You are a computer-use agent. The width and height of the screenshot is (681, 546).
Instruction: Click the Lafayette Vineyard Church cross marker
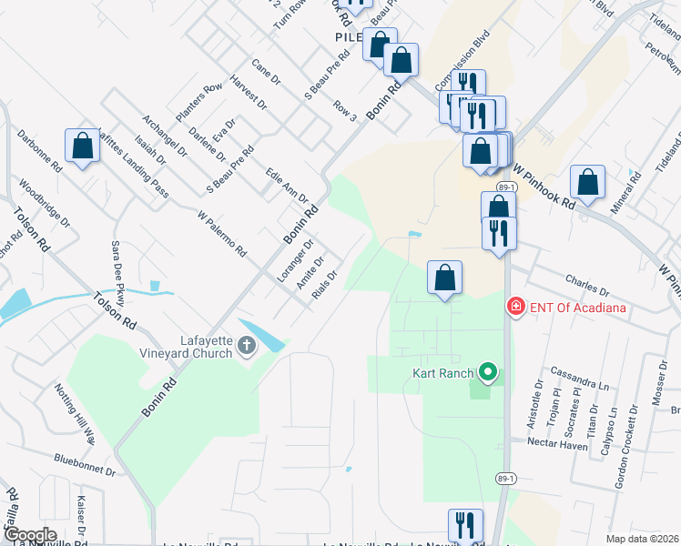(247, 346)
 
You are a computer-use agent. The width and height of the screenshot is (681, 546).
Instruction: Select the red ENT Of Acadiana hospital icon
(515, 308)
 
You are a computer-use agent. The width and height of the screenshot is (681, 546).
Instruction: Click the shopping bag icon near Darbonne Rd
(82, 146)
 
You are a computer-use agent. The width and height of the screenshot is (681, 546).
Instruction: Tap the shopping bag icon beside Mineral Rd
(588, 182)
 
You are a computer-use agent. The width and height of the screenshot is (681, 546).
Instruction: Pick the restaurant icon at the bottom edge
(464, 525)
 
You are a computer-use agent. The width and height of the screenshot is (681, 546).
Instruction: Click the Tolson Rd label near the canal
(115, 310)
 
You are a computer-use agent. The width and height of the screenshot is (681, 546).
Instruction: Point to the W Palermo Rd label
(222, 233)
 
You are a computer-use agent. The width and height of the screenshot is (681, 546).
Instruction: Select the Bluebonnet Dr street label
(85, 466)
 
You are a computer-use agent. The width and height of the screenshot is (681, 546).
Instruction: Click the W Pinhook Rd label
(544, 187)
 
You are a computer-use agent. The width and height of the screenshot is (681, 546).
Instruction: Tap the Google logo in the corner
(29, 535)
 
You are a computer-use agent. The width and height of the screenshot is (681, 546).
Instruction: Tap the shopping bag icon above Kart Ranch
(444, 278)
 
